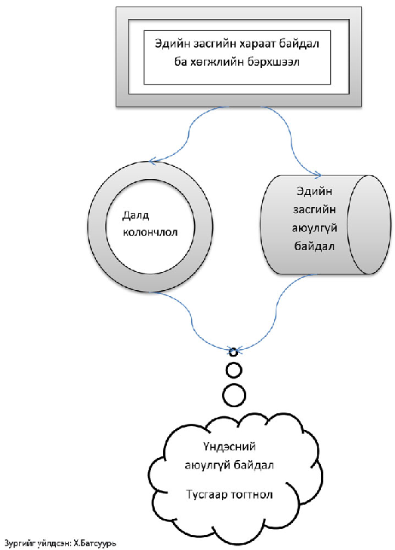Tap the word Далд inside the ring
(135, 215)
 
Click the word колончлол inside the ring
(150, 232)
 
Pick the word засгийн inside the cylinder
(314, 210)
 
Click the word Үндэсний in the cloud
(229, 446)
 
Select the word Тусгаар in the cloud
(207, 495)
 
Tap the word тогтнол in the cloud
(252, 495)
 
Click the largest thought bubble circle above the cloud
(234, 395)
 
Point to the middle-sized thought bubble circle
(233, 370)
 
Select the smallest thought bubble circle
(233, 352)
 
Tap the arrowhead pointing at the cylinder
(318, 175)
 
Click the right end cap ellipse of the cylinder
(369, 224)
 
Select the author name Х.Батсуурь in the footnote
(94, 543)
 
